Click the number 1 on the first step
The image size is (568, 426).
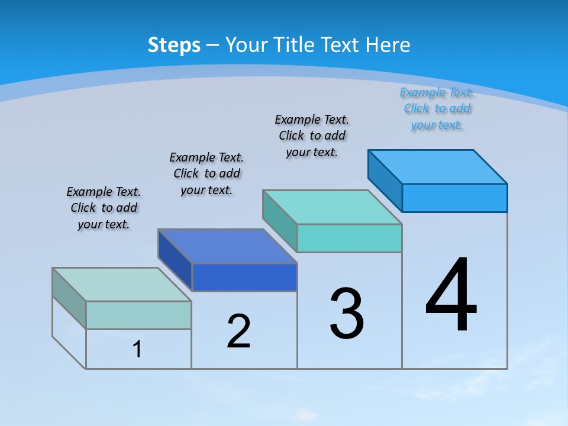(x=137, y=350)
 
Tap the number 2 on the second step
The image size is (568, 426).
(x=238, y=331)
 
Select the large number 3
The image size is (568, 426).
(x=347, y=314)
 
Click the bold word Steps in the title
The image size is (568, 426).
(x=174, y=45)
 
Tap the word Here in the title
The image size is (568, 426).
(x=388, y=45)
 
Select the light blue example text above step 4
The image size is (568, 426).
(x=437, y=109)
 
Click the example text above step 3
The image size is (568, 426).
(x=312, y=136)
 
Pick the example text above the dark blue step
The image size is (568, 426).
(x=206, y=174)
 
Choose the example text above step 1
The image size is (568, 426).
(x=104, y=208)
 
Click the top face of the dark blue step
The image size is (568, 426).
(x=227, y=246)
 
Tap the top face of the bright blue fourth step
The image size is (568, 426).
(x=438, y=167)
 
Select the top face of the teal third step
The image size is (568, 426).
(x=333, y=207)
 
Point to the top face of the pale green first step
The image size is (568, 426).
(x=122, y=285)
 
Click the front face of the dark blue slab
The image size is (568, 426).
(x=244, y=277)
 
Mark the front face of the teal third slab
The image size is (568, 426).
(x=349, y=238)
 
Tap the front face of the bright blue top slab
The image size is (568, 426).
(x=454, y=198)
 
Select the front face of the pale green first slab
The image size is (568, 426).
(x=138, y=315)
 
